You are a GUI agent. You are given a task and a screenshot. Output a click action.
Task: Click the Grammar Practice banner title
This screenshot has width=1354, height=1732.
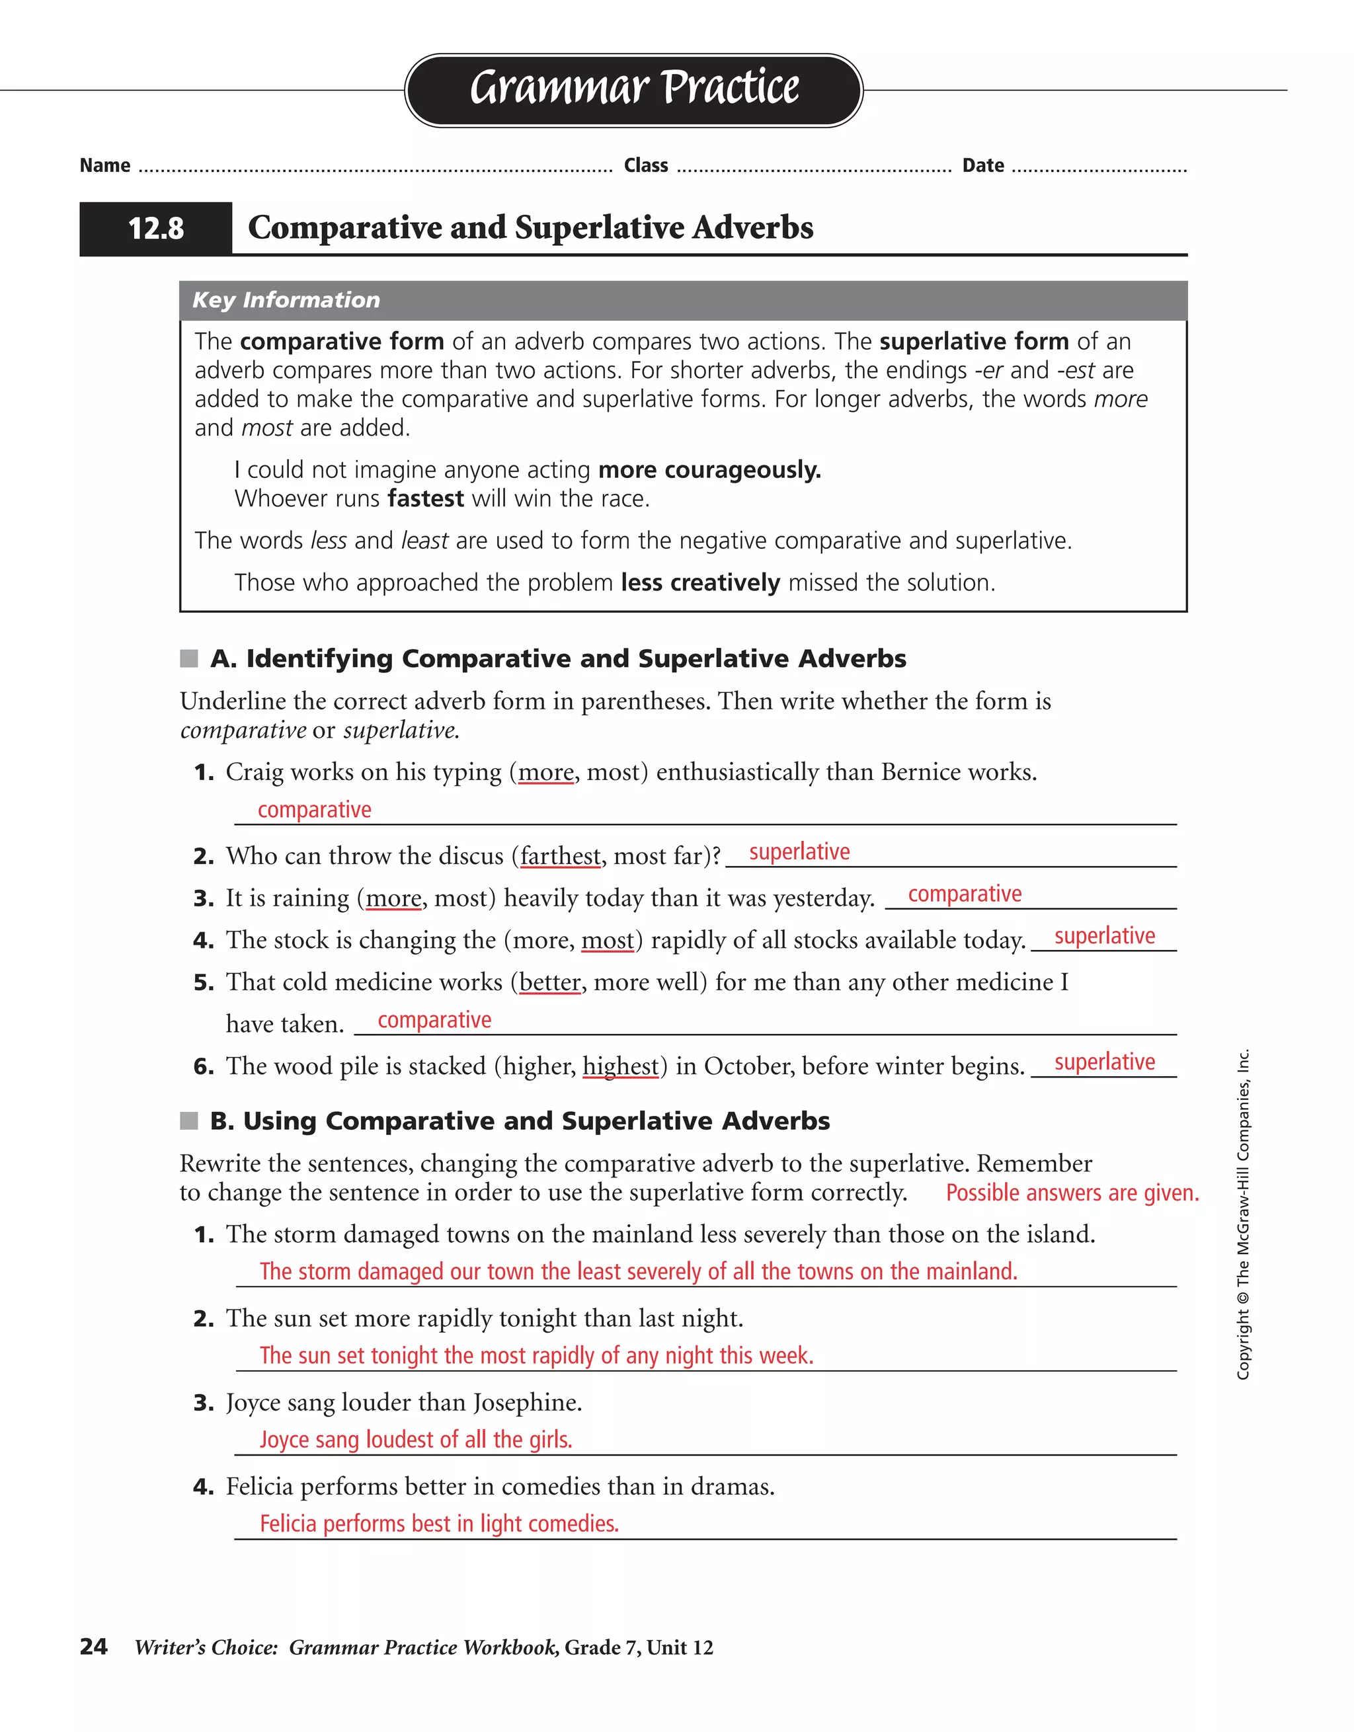pyautogui.click(x=634, y=88)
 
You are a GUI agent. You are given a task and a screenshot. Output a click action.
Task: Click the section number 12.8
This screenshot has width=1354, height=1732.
pyautogui.click(x=155, y=228)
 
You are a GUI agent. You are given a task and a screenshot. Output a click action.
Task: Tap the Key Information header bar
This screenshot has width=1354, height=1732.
pyautogui.click(x=682, y=299)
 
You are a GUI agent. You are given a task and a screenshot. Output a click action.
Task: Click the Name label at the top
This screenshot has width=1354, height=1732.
pyautogui.click(x=104, y=166)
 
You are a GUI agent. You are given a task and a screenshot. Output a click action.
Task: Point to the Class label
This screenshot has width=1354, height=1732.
pyautogui.click(x=646, y=166)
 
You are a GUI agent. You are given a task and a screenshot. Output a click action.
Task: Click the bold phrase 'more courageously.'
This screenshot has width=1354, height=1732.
pyautogui.click(x=709, y=469)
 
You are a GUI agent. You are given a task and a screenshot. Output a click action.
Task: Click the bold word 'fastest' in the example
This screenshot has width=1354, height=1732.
pyautogui.click(x=425, y=499)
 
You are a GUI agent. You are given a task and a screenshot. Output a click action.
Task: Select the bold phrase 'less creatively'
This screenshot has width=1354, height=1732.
pyautogui.click(x=699, y=583)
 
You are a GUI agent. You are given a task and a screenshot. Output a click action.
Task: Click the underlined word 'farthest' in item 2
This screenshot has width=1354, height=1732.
pyautogui.click(x=560, y=857)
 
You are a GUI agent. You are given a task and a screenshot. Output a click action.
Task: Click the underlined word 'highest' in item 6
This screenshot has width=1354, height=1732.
pyautogui.click(x=620, y=1067)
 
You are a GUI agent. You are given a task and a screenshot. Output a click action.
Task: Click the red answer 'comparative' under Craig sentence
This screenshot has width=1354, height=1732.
pyautogui.click(x=314, y=810)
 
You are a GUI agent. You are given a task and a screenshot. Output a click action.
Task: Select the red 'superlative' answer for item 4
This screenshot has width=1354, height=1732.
pyautogui.click(x=1104, y=936)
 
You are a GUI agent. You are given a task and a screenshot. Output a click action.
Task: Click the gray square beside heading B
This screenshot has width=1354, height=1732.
pyautogui.click(x=189, y=1121)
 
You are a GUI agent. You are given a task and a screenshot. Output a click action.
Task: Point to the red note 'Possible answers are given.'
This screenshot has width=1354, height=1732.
pyautogui.click(x=1072, y=1193)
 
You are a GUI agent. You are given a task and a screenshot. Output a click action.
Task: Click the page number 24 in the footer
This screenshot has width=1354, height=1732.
pyautogui.click(x=94, y=1647)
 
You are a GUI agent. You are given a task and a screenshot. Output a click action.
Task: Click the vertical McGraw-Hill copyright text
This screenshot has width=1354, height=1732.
pyautogui.click(x=1243, y=1213)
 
